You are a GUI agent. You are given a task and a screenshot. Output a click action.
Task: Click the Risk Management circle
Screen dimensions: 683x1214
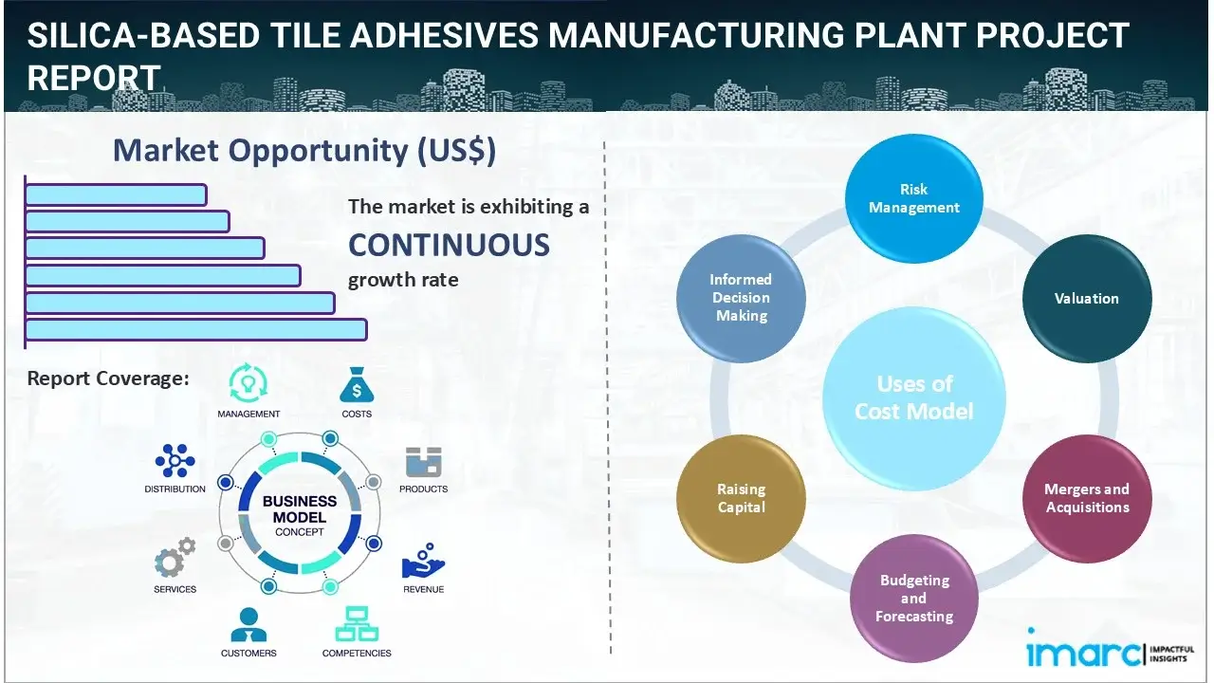click(x=913, y=199)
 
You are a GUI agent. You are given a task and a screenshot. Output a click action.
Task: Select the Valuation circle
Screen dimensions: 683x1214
click(x=1086, y=298)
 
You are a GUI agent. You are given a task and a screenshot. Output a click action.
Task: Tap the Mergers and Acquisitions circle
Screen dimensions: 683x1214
click(x=1086, y=498)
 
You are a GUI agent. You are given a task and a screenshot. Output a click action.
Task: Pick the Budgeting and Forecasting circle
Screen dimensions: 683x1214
click(x=913, y=598)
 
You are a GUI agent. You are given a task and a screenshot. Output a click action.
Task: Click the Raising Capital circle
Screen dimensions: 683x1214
click(x=741, y=498)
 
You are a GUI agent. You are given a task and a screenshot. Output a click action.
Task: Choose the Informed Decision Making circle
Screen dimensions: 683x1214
click(x=741, y=298)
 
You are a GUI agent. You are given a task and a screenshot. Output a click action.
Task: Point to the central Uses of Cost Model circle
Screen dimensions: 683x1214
click(x=913, y=397)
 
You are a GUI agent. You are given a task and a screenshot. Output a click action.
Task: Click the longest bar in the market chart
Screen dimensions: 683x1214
click(x=195, y=329)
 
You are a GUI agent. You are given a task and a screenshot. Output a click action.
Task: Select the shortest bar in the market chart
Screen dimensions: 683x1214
click(x=116, y=194)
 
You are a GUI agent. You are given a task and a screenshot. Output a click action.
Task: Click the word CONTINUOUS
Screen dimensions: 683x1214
click(x=449, y=245)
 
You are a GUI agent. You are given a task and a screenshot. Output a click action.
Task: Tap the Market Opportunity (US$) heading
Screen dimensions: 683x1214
click(x=303, y=151)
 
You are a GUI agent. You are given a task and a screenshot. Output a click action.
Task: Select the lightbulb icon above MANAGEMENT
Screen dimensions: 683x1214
click(x=248, y=383)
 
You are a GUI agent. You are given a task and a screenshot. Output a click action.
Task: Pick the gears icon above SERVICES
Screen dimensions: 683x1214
click(x=175, y=560)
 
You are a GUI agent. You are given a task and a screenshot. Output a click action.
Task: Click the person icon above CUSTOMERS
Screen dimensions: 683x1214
click(x=248, y=624)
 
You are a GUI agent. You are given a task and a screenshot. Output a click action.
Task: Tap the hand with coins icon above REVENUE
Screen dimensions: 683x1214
click(x=422, y=562)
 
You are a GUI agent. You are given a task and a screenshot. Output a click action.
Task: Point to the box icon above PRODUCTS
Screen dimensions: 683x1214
click(x=423, y=462)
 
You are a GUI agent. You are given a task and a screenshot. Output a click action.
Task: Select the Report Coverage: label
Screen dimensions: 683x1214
click(x=108, y=378)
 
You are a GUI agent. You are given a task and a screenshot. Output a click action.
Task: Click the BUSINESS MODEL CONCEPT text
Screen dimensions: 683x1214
click(x=299, y=515)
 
